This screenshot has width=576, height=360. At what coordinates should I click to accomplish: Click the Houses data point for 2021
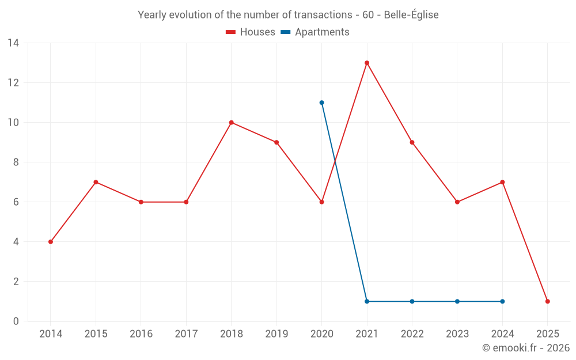[367, 63]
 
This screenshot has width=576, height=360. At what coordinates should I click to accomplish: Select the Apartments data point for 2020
[321, 103]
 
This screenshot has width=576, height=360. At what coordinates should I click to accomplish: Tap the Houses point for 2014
[51, 242]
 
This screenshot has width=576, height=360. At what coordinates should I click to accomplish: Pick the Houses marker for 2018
[232, 123]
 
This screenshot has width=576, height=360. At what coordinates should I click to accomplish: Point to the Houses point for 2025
[548, 301]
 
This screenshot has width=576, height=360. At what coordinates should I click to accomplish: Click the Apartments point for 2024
[502, 301]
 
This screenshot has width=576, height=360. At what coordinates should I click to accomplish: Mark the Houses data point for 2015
[96, 182]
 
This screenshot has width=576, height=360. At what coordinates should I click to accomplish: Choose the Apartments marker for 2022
[412, 301]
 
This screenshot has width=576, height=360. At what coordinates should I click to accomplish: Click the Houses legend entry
[251, 32]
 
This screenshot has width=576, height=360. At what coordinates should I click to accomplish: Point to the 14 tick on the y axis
[14, 43]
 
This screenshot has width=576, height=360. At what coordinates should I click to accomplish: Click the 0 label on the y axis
[16, 321]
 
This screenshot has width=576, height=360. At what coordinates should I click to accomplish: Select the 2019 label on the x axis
[276, 334]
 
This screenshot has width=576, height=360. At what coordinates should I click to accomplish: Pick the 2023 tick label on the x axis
[457, 334]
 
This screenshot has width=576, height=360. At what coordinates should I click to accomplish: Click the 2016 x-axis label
[141, 334]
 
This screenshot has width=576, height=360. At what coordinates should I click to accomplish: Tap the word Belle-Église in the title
[411, 15]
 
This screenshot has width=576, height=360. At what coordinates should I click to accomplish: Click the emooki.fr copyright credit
[525, 348]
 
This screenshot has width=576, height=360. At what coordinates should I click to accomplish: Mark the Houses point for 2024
[502, 182]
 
